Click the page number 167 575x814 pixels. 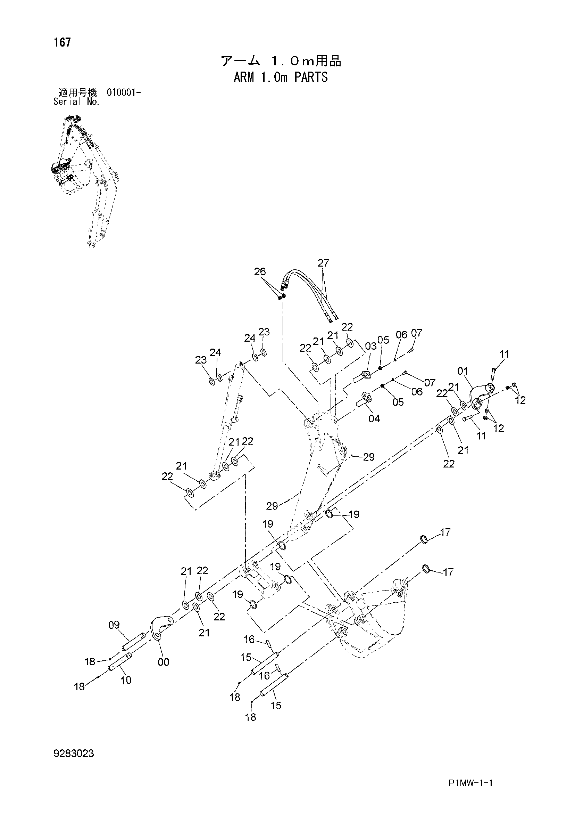[x=62, y=42]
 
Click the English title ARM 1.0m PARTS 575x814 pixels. [x=281, y=77]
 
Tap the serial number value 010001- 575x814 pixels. [x=124, y=93]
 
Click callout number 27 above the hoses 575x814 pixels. [x=323, y=263]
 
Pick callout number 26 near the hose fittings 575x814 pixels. [x=260, y=271]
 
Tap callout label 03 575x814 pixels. [x=370, y=346]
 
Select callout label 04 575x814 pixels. [x=374, y=418]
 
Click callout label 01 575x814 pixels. [x=463, y=371]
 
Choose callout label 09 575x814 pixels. [x=114, y=625]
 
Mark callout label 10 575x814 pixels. [x=126, y=679]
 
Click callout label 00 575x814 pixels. [x=163, y=661]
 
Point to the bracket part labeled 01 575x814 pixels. [x=481, y=395]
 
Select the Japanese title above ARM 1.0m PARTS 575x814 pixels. [x=281, y=61]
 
